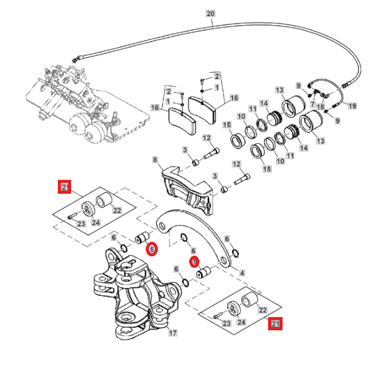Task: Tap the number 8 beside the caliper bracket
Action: pyautogui.click(x=155, y=160)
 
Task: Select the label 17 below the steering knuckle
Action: pyautogui.click(x=172, y=333)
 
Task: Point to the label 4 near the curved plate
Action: pyautogui.click(x=242, y=273)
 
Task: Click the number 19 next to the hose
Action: pyautogui.click(x=352, y=106)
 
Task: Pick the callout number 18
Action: pyautogui.click(x=320, y=106)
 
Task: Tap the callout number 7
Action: pyautogui.click(x=313, y=103)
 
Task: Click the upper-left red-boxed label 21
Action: pyautogui.click(x=64, y=187)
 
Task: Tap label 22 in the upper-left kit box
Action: pyautogui.click(x=117, y=211)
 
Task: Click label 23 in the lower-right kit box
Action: pyautogui.click(x=227, y=323)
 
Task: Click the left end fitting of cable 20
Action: pyautogui.click(x=76, y=59)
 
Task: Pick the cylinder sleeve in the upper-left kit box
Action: pyautogui.click(x=107, y=199)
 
